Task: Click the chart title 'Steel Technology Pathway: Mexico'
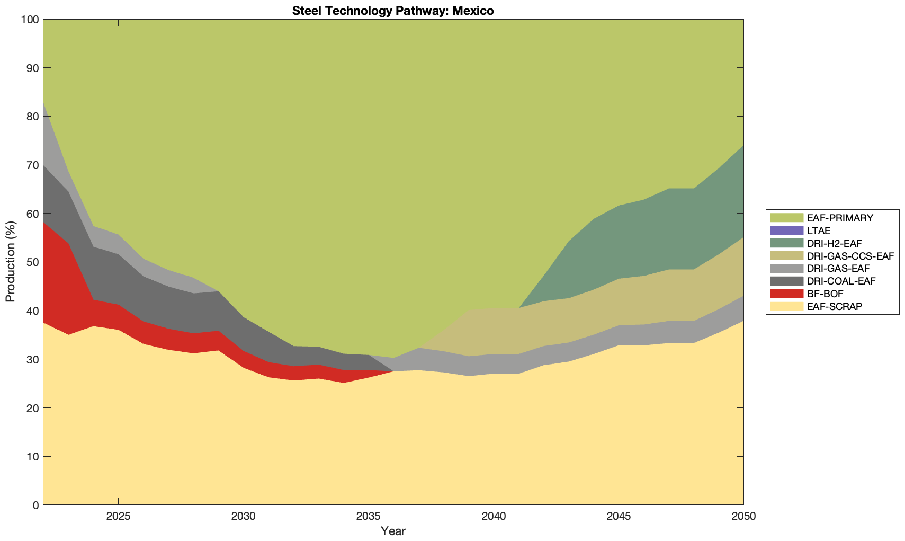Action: (x=393, y=11)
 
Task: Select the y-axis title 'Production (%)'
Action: (x=10, y=262)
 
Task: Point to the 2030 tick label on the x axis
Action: (x=244, y=517)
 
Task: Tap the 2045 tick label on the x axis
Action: (x=619, y=517)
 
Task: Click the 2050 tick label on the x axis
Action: (x=743, y=517)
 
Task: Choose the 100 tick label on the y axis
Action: (x=30, y=20)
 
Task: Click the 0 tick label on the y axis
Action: (x=35, y=505)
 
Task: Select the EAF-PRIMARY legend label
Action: (x=840, y=218)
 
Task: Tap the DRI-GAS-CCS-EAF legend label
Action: (x=850, y=256)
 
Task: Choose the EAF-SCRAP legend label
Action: (x=835, y=306)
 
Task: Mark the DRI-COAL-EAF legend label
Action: (x=841, y=281)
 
